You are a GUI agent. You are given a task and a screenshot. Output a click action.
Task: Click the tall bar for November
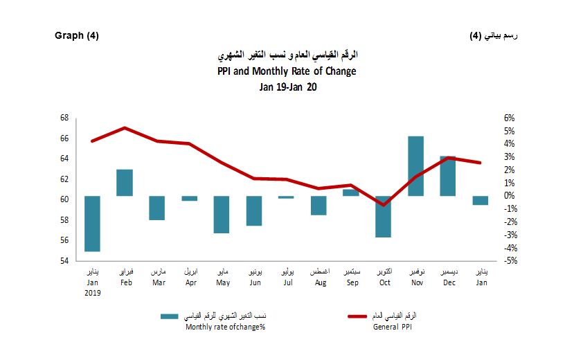tap(415, 166)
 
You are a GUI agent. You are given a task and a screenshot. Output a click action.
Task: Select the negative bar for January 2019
tap(93, 224)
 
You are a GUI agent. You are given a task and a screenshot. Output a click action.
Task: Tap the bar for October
tap(383, 217)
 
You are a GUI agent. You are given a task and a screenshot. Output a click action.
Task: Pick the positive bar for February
tap(125, 183)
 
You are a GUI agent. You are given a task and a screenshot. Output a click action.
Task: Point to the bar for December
tap(448, 177)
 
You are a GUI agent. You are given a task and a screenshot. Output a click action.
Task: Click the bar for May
tap(222, 215)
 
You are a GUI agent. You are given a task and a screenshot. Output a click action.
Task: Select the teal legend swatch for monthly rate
tap(169, 316)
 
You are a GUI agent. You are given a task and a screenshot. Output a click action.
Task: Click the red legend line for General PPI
tap(366, 316)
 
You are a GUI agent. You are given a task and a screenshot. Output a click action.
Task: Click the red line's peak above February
tap(125, 128)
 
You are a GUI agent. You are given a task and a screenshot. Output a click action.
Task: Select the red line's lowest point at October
tap(383, 205)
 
